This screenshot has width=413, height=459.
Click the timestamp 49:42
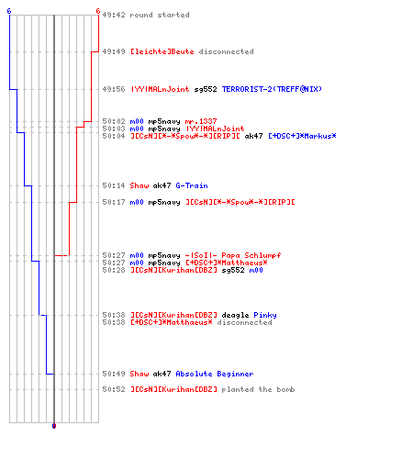click(x=114, y=15)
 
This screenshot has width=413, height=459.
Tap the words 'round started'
click(x=160, y=15)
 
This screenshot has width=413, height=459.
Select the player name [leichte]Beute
click(x=162, y=51)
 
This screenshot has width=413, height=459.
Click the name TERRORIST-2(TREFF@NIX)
click(x=272, y=89)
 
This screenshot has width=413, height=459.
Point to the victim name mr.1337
click(x=201, y=121)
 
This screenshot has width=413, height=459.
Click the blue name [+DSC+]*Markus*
click(x=302, y=136)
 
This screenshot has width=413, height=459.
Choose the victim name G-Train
click(x=192, y=185)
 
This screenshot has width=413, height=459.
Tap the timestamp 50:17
click(x=114, y=202)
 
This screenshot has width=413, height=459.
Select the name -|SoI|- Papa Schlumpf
click(x=233, y=255)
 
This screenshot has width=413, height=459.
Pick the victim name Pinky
click(x=265, y=315)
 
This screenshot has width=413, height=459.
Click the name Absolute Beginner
click(x=215, y=374)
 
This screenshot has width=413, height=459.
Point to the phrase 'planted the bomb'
click(x=258, y=389)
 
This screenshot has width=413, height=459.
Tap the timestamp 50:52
click(x=114, y=389)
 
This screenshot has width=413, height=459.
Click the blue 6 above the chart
click(x=9, y=11)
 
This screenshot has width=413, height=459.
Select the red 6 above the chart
click(x=98, y=11)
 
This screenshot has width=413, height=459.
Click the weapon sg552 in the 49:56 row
click(x=206, y=89)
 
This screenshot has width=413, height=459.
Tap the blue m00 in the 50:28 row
click(x=256, y=270)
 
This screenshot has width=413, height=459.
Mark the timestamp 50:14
click(x=114, y=185)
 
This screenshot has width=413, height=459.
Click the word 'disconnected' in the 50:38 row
click(x=244, y=322)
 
